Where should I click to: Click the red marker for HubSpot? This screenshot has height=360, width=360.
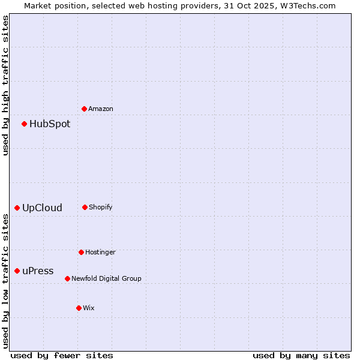(24, 124)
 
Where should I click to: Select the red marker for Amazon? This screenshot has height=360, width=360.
(84, 109)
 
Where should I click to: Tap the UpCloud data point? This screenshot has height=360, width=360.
(17, 208)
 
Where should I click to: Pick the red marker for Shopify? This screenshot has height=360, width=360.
(85, 207)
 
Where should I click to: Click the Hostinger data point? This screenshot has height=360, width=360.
(81, 252)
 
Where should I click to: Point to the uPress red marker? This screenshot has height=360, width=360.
(17, 271)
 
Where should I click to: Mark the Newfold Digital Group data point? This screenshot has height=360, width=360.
(67, 278)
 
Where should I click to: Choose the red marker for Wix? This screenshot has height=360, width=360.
(79, 308)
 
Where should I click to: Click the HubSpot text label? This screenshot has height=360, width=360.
(50, 124)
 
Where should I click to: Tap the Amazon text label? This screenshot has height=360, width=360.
(101, 109)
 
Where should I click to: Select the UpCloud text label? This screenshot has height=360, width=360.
(42, 208)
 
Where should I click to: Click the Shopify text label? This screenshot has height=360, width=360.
(101, 207)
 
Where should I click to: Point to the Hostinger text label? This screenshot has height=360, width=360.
(100, 252)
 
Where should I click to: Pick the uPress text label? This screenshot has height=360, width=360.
(38, 271)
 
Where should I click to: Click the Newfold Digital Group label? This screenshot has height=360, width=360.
(107, 278)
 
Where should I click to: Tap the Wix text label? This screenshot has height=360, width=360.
(89, 308)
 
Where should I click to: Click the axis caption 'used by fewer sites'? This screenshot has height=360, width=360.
(62, 355)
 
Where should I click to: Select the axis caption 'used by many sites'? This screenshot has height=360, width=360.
(301, 355)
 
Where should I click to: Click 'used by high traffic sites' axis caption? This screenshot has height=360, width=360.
(5, 85)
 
